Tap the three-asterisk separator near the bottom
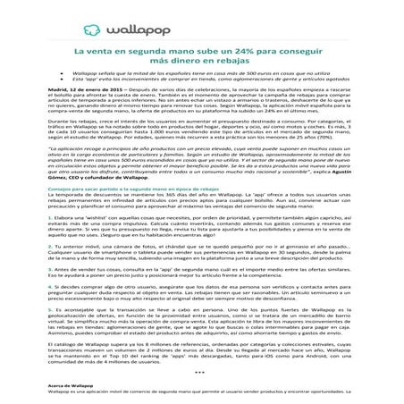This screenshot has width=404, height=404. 201,394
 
